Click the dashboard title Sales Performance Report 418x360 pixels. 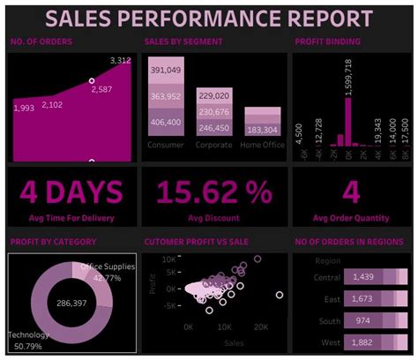(208, 18)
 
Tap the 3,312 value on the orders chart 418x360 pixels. (121, 60)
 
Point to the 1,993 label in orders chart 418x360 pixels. (25, 108)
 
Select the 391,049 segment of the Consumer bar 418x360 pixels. (166, 71)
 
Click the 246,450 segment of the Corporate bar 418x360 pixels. (214, 128)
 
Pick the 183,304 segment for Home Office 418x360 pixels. (263, 129)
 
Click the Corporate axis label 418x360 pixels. (214, 145)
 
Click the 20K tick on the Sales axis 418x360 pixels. (262, 326)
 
